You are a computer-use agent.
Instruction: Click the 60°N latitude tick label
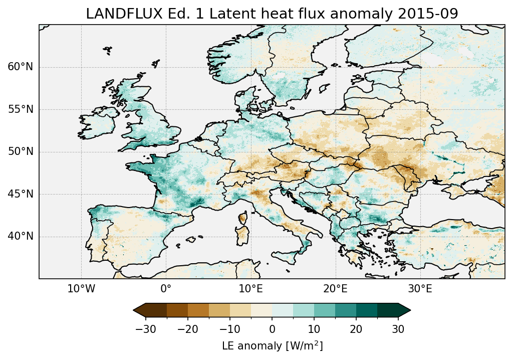[21, 67]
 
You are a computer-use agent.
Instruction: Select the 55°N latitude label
[21, 109]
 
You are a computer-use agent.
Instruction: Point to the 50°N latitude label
[21, 152]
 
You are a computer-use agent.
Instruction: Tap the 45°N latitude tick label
[21, 194]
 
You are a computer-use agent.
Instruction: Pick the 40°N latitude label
[21, 236]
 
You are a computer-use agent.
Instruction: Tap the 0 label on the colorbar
[272, 329]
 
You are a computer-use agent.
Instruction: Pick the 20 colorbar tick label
[356, 329]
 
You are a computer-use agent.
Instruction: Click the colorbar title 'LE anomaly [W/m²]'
[272, 346]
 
